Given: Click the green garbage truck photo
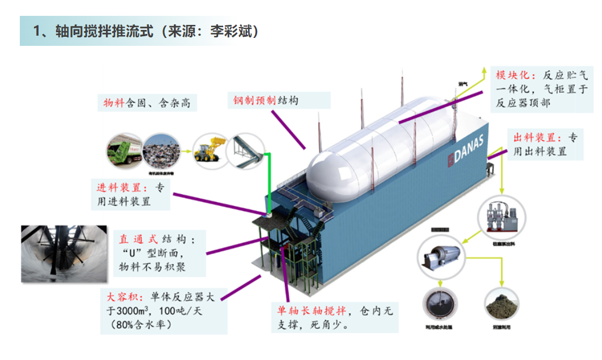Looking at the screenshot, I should (x=124, y=151).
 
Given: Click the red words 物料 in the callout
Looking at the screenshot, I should (x=113, y=103).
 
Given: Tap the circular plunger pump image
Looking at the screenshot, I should (x=501, y=217).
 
